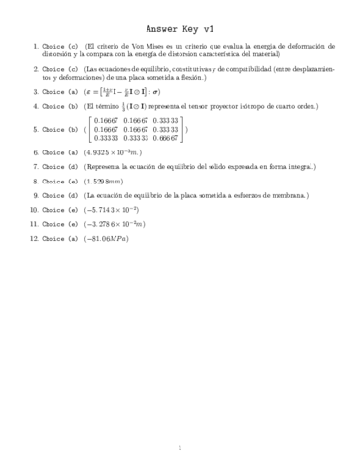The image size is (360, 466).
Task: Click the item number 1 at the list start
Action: click(34, 46)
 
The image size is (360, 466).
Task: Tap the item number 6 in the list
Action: click(34, 153)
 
